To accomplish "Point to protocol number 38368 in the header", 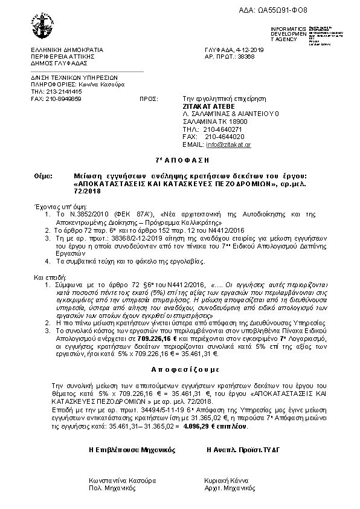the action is (246, 56).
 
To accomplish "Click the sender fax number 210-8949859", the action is (63, 98).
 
